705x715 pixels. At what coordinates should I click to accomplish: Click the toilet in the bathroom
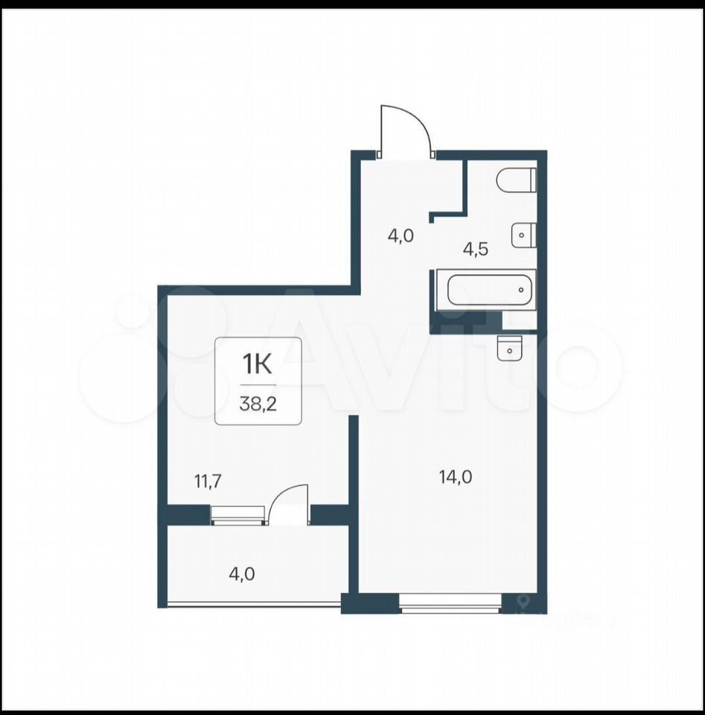tap(517, 180)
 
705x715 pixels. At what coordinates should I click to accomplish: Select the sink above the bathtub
tap(523, 235)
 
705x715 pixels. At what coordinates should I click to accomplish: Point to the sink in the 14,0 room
tap(509, 349)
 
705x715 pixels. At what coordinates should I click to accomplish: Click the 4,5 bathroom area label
tap(475, 250)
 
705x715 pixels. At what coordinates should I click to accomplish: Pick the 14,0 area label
tap(456, 477)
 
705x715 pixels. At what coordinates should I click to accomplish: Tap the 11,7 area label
tap(208, 482)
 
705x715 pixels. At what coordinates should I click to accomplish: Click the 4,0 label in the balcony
tap(241, 574)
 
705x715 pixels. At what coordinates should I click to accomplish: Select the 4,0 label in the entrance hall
tap(401, 236)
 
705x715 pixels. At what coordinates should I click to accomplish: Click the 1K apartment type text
tap(258, 364)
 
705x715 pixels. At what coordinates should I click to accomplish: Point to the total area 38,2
tap(258, 404)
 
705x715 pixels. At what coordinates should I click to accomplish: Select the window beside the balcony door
tap(238, 515)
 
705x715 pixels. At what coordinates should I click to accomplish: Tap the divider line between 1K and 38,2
tap(258, 385)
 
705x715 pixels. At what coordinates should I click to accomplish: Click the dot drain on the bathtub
tap(522, 290)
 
